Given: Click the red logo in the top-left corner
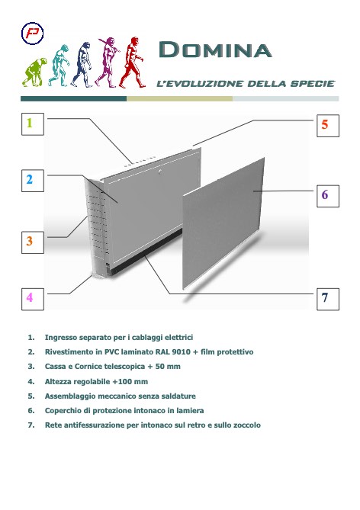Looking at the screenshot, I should click(34, 35).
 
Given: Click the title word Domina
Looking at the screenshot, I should click(214, 50).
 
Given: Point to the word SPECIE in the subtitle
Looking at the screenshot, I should click(313, 82).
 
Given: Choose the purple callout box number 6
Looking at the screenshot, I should click(324, 195).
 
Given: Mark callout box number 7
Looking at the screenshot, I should click(324, 298).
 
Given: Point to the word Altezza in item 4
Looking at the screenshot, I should click(60, 380).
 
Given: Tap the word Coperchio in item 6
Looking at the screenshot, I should click(64, 410).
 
